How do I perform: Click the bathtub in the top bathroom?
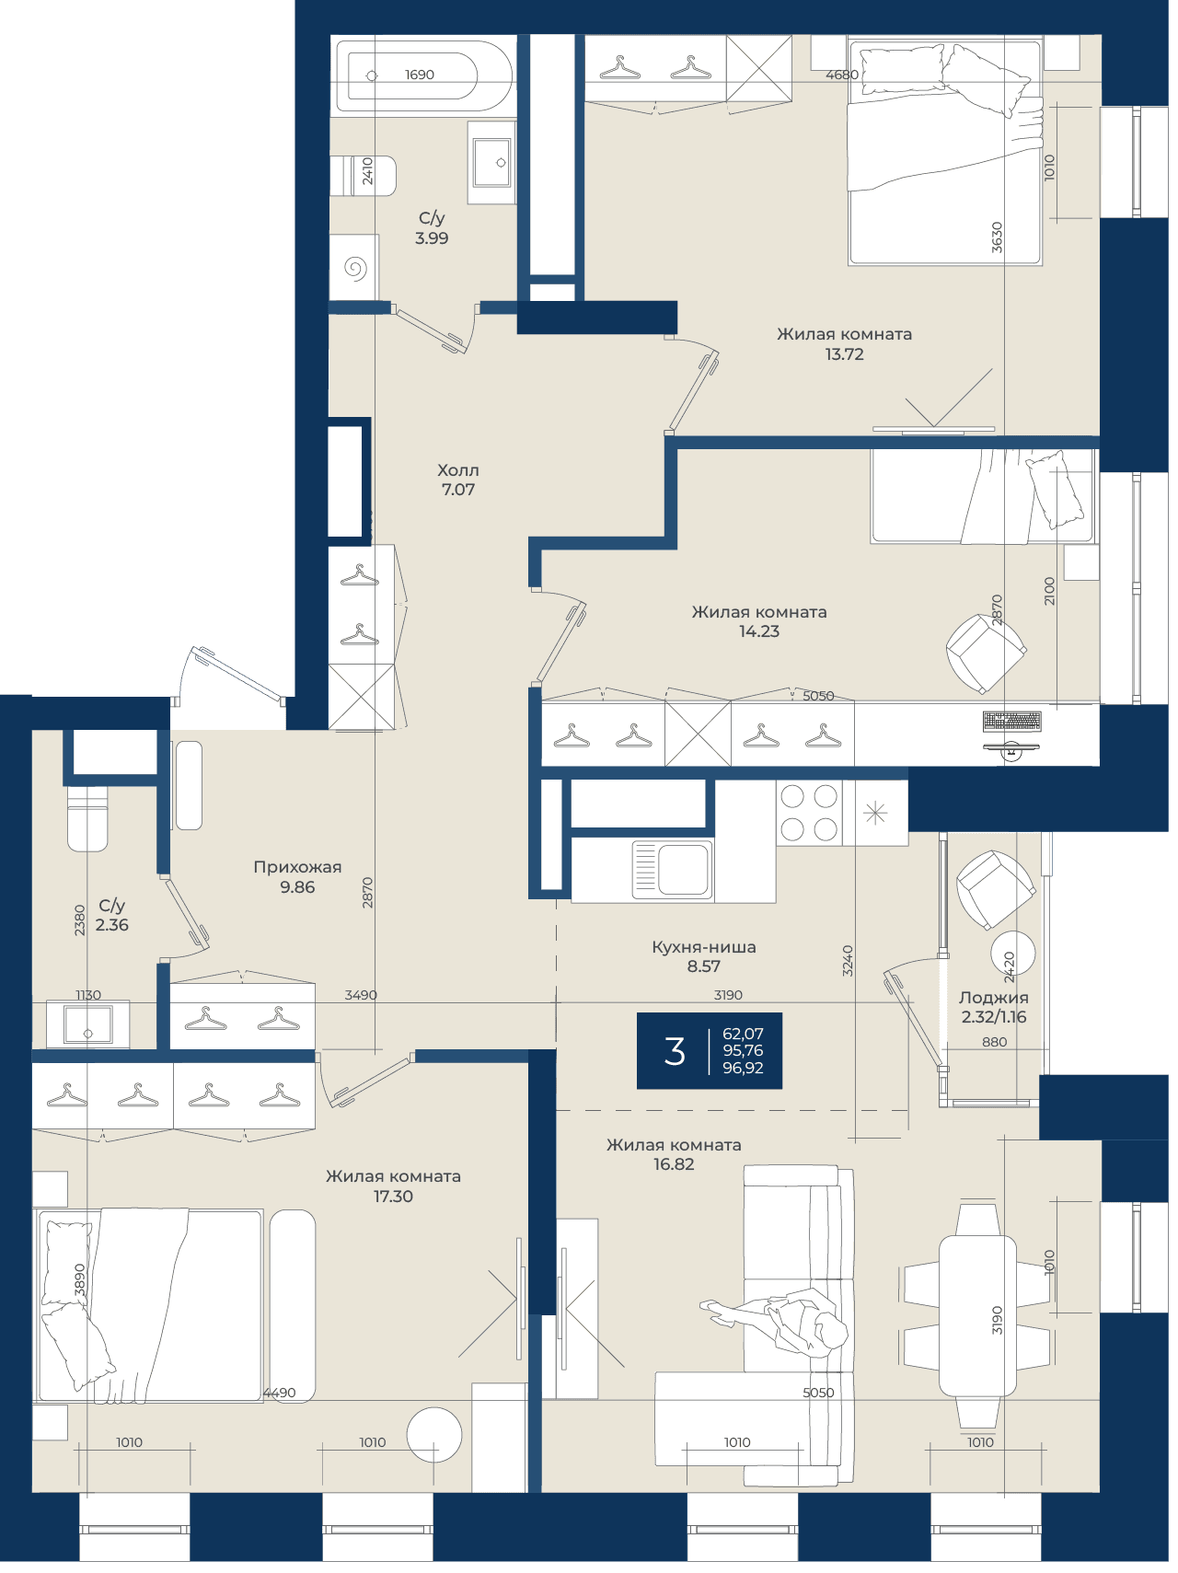423,75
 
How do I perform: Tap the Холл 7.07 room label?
458,480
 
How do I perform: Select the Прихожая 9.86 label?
297,877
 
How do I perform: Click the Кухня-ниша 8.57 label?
704,956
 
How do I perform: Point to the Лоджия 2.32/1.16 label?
994,1007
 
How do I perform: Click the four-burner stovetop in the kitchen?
809,813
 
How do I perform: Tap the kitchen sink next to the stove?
673,869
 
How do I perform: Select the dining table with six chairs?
977,1315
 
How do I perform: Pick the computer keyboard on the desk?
1011,721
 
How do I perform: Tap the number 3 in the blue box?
675,1051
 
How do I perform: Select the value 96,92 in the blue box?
743,1068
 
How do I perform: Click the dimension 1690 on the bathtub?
420,75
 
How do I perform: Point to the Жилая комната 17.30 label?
393,1186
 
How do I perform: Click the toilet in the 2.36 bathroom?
87,817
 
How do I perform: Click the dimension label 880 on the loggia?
994,1042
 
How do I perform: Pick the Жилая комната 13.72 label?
844,344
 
